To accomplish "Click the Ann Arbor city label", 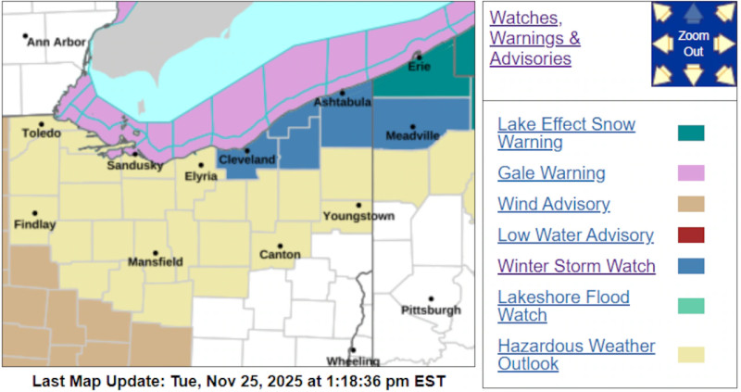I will pyautogui.click(x=57, y=43).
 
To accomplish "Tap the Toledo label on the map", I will pyautogui.click(x=42, y=133).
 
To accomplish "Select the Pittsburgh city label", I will pyautogui.click(x=431, y=310).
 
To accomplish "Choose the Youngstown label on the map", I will pyautogui.click(x=358, y=217).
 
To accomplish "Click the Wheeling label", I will pyautogui.click(x=353, y=361).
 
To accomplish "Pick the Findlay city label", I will pyautogui.click(x=35, y=224).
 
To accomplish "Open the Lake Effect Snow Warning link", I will pyautogui.click(x=566, y=133).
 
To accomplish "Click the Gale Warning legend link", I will pyautogui.click(x=551, y=172).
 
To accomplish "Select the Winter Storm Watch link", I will pyautogui.click(x=576, y=266).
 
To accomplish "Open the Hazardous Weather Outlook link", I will pyautogui.click(x=576, y=354).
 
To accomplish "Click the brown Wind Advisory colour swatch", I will pyautogui.click(x=690, y=204).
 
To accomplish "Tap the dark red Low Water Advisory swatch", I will pyautogui.click(x=690, y=235).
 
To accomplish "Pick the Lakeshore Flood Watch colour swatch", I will pyautogui.click(x=690, y=306).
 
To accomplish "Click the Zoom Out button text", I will pyautogui.click(x=693, y=44).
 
